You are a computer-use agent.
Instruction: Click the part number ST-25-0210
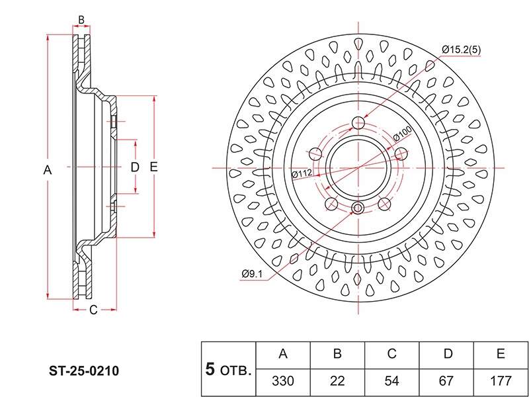(x=84, y=371)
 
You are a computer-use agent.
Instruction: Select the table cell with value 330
(x=283, y=382)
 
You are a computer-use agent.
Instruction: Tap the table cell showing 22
(x=337, y=382)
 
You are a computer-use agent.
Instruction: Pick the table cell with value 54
(x=391, y=382)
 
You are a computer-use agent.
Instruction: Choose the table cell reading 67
(x=446, y=382)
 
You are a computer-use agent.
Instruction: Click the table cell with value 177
(x=501, y=382)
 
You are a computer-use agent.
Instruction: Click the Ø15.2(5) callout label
(x=461, y=50)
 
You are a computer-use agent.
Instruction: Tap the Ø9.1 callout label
(x=252, y=274)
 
